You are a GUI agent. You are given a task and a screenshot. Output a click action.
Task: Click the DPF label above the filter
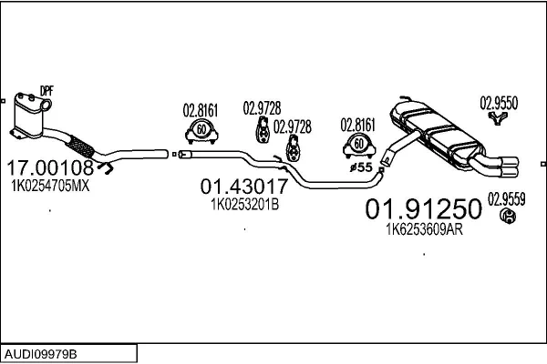[x=46, y=91]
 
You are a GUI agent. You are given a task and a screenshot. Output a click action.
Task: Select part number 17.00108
[x=50, y=167]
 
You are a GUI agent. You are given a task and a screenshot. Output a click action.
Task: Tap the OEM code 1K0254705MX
[x=50, y=186]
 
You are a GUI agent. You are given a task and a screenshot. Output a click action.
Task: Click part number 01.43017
[x=243, y=187]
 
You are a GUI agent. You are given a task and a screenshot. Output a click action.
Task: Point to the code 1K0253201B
[x=245, y=205]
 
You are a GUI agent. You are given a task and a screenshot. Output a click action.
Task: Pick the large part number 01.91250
[x=424, y=209]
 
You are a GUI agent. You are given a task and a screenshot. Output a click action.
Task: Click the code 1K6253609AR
[x=425, y=229]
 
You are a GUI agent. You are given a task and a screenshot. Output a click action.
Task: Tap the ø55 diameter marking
[x=361, y=167]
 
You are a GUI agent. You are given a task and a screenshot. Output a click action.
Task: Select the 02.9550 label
[x=499, y=103]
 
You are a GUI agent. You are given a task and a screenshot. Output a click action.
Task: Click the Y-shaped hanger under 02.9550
[x=498, y=118]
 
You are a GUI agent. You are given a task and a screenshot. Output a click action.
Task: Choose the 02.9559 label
[x=506, y=199]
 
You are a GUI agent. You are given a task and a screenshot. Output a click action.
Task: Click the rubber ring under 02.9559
[x=508, y=216]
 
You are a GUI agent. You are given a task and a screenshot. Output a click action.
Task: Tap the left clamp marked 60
[x=201, y=131]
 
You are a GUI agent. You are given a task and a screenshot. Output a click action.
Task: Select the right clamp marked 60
[x=359, y=146]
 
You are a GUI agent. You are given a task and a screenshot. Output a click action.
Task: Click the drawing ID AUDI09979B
[x=41, y=355]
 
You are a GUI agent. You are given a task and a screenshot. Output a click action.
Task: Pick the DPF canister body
[x=28, y=115]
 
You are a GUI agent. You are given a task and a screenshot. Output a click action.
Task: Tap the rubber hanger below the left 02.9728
[x=263, y=129]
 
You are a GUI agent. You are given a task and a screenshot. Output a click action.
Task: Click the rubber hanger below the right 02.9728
[x=293, y=148]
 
